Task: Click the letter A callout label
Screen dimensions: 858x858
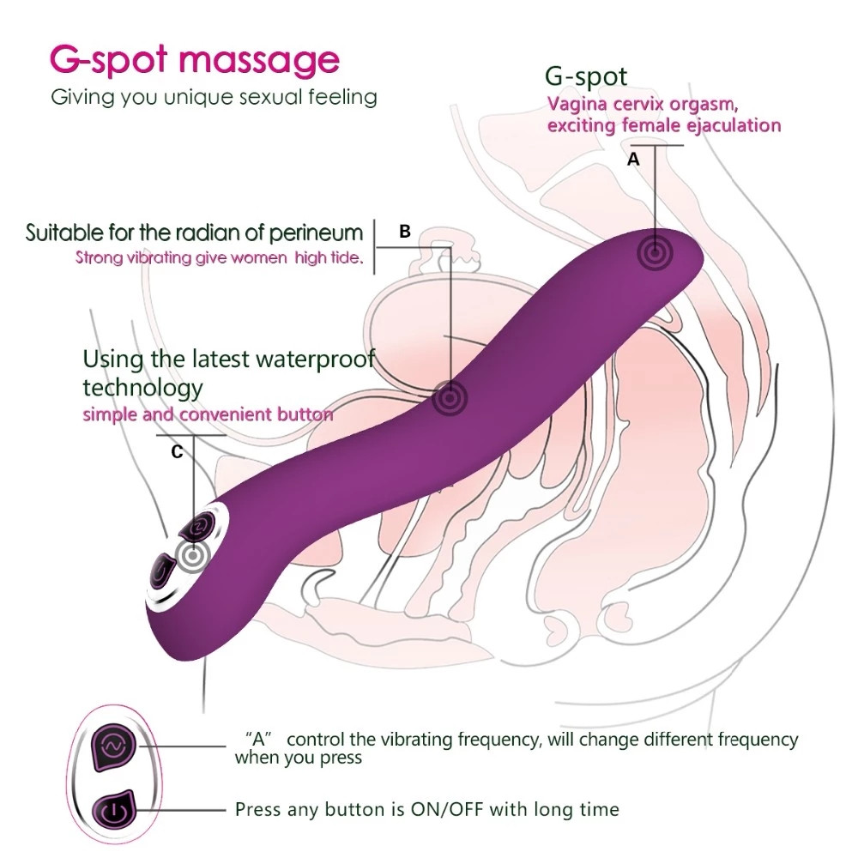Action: [633, 160]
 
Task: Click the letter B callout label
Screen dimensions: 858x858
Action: [405, 232]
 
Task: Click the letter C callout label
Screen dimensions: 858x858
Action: [177, 452]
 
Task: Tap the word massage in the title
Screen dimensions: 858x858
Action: [259, 61]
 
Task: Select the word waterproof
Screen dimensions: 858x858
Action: [315, 360]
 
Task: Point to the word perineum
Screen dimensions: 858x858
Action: [316, 234]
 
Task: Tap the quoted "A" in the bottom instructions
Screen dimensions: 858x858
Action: [259, 740]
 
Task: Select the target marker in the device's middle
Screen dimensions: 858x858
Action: [450, 398]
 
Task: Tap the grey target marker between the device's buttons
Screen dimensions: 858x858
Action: [193, 556]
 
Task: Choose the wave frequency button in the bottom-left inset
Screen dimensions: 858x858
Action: [114, 746]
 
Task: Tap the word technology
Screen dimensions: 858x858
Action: [142, 389]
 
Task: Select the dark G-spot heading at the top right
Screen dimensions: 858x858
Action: [586, 77]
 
